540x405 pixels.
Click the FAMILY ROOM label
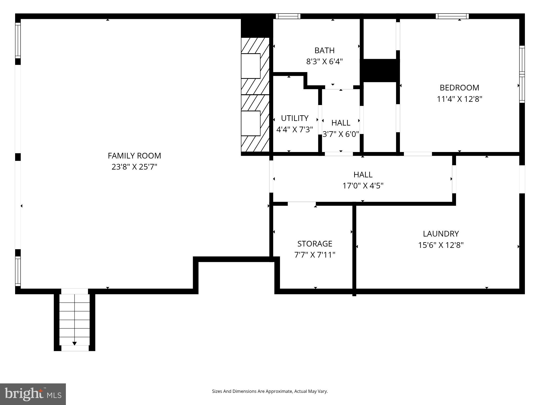click(134, 156)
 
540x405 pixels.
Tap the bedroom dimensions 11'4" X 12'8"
click(460, 99)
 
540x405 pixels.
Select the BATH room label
click(324, 50)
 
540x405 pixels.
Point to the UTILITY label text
click(295, 118)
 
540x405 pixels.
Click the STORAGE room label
click(315, 244)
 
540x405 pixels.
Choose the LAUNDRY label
click(441, 234)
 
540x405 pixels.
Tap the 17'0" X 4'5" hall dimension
click(363, 186)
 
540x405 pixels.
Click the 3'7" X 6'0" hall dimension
click(341, 134)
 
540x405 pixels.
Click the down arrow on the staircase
click(75, 343)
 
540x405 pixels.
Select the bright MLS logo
click(33, 394)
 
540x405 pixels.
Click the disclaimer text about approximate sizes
click(270, 391)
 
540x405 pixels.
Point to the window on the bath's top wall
click(288, 16)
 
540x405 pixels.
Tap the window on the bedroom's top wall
click(452, 16)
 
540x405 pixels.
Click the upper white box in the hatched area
click(251, 66)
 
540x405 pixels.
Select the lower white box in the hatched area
click(251, 123)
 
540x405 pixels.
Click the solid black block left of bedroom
click(380, 70)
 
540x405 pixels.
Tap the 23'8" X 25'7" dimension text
click(134, 167)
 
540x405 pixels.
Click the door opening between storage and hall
click(302, 204)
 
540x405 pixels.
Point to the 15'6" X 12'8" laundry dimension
click(441, 245)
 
